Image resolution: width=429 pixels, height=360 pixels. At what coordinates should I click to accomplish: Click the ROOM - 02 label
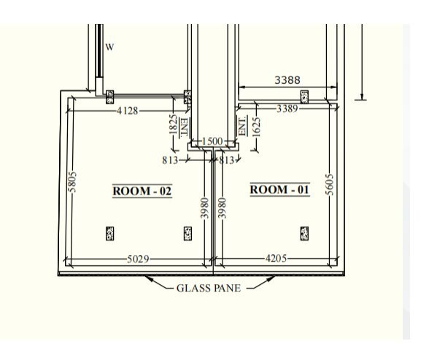[x=142, y=191]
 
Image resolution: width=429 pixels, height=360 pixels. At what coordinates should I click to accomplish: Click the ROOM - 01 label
[x=280, y=189]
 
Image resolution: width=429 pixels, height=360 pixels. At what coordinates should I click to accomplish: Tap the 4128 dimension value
[x=127, y=111]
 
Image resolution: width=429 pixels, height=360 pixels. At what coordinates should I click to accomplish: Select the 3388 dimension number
[x=287, y=80]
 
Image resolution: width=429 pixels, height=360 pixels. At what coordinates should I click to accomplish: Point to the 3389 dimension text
[x=287, y=109]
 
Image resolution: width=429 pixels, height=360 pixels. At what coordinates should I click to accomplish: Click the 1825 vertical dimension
[x=173, y=124]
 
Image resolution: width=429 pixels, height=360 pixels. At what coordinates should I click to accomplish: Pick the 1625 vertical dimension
[x=256, y=127]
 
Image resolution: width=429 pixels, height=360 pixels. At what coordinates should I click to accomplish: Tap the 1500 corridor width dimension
[x=212, y=141]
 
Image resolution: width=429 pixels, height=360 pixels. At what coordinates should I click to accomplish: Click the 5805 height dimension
[x=72, y=182]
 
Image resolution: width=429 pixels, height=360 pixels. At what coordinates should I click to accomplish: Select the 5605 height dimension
[x=330, y=184]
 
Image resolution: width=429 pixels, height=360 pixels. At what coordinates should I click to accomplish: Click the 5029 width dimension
[x=138, y=259]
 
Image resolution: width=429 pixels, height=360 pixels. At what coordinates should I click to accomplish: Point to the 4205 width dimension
[x=276, y=258]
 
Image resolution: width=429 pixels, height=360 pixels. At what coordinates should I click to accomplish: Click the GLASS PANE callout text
[x=209, y=288]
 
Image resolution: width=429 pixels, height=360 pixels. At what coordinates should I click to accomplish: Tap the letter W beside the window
[x=109, y=47]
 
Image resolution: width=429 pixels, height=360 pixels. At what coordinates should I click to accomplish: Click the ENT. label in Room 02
[x=185, y=128]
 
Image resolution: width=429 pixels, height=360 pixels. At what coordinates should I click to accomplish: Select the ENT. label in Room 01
[x=242, y=126]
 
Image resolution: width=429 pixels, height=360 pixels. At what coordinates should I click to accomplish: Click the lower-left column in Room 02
[x=109, y=233]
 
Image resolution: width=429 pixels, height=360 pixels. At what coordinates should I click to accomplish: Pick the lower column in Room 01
[x=304, y=233]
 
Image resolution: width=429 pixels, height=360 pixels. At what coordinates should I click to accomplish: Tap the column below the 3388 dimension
[x=304, y=97]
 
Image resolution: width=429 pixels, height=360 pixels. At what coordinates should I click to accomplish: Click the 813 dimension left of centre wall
[x=170, y=160]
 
